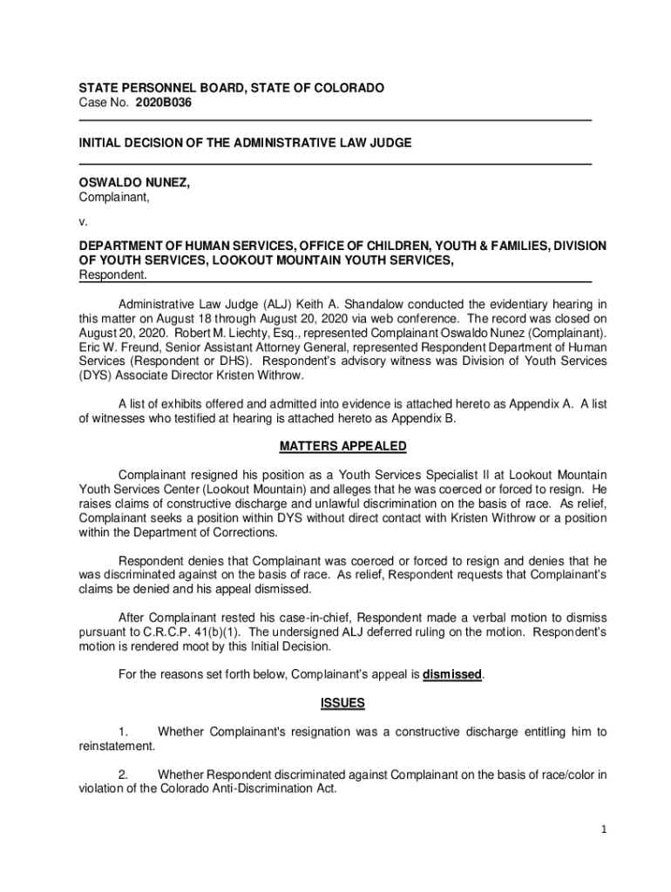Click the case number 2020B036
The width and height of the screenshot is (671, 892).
coord(163,103)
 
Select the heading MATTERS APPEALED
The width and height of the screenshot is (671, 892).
coord(342,447)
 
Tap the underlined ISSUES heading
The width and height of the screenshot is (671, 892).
coord(342,703)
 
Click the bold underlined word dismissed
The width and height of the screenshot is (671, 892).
coord(452,674)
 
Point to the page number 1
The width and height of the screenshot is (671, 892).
coord(602,829)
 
